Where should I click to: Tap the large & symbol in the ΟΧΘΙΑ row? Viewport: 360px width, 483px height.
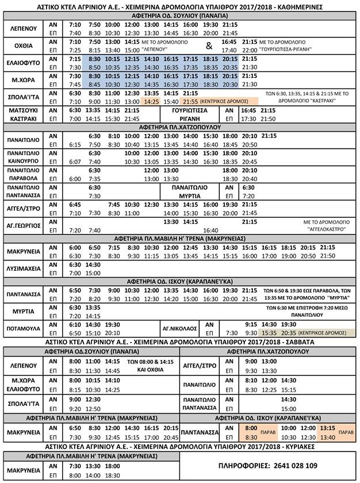click(x=209, y=46)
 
